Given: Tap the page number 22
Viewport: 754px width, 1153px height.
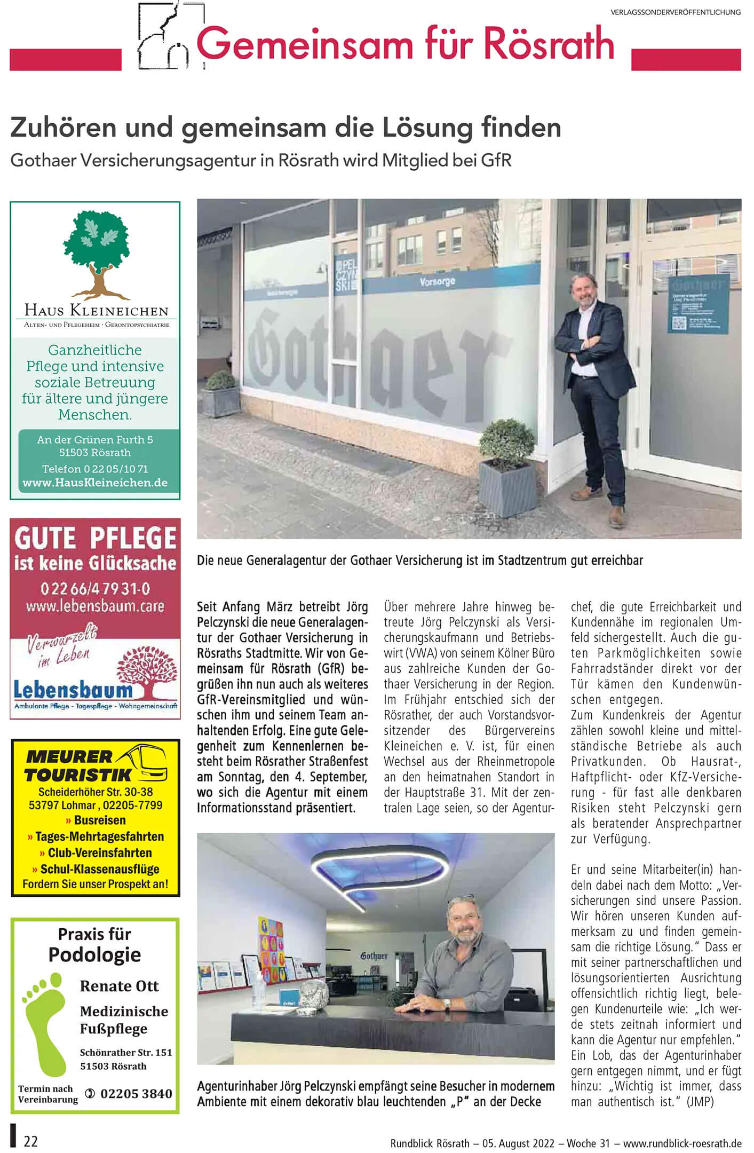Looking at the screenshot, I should (31, 1141).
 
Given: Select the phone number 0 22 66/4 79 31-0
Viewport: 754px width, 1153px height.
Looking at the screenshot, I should (95, 589).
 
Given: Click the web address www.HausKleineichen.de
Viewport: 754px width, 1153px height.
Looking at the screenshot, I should (95, 483).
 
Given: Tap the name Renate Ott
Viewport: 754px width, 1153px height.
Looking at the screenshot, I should (119, 986).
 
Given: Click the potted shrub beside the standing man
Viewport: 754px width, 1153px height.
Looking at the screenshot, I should (507, 464).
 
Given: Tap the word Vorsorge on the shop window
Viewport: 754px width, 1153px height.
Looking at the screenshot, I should (437, 281).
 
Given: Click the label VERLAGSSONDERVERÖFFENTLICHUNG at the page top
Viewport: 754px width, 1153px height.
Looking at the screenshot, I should (676, 12).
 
